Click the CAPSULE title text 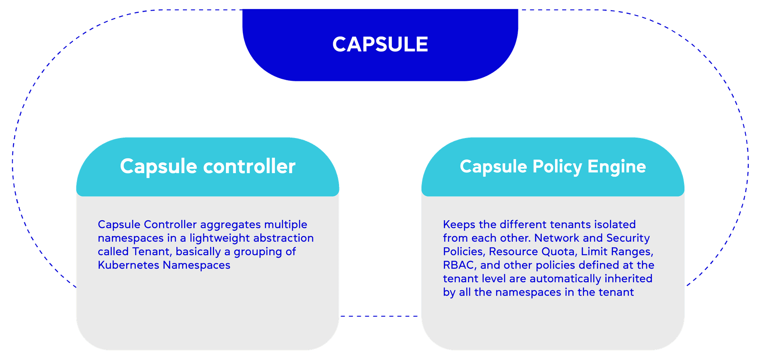(x=380, y=44)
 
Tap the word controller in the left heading (x=249, y=166)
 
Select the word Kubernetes (x=129, y=265)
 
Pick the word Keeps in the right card (x=459, y=225)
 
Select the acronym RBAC (x=458, y=265)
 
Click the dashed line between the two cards (x=380, y=316)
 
